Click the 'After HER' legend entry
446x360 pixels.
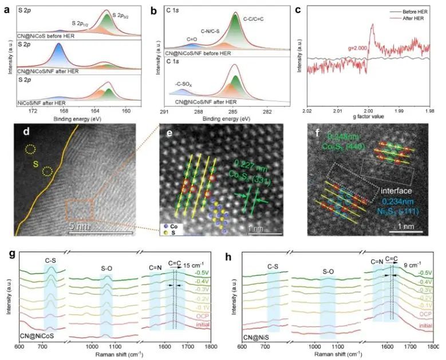(411, 19)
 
